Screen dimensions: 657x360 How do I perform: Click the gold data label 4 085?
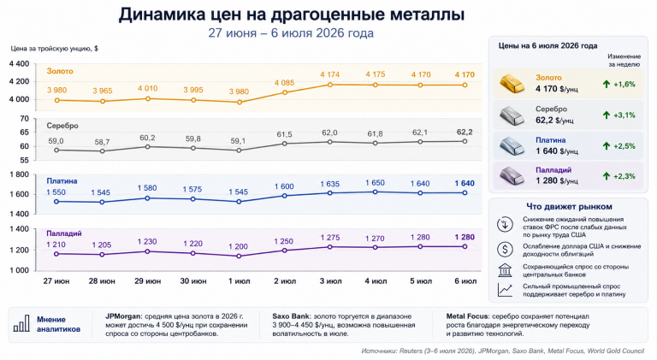click(284, 83)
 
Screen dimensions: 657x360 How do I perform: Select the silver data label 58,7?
click(102, 142)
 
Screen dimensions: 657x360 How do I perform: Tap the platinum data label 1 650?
click(375, 183)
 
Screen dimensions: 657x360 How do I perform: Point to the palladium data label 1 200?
click(238, 246)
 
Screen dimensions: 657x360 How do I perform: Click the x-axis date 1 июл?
click(239, 281)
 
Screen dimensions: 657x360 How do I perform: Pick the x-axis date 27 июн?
click(56, 281)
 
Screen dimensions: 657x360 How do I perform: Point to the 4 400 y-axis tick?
click(20, 64)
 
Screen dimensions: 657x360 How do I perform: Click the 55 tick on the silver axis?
click(25, 160)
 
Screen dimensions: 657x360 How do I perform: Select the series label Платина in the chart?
click(62, 181)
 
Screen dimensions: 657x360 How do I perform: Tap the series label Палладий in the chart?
click(63, 233)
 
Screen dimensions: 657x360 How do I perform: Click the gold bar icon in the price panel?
click(512, 83)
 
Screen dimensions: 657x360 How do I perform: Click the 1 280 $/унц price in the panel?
click(556, 180)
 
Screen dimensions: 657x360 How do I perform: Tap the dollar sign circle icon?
click(505, 250)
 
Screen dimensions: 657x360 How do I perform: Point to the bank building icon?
click(505, 270)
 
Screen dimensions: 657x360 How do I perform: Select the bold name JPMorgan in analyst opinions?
click(123, 316)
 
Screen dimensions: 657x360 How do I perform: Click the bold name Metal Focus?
click(467, 316)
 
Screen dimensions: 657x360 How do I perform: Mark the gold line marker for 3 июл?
click(330, 85)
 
